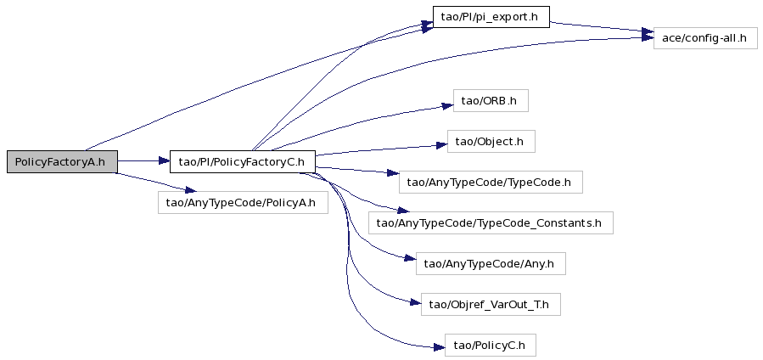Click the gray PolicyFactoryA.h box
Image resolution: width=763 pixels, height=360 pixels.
tap(62, 161)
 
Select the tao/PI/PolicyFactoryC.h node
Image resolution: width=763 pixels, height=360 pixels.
tap(242, 161)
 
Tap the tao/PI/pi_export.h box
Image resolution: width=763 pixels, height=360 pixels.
tap(491, 17)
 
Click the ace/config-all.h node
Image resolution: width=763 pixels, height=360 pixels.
tap(705, 37)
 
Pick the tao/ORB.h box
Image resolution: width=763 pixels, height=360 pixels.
tap(491, 101)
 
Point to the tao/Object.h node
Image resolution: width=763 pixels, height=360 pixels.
tap(491, 141)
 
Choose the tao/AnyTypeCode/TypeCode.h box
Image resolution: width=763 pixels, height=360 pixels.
tap(491, 182)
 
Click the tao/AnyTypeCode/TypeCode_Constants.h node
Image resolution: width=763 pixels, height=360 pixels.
tap(491, 222)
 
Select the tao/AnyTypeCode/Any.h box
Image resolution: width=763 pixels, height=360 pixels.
tap(491, 263)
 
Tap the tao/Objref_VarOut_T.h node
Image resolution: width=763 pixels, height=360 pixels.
tap(491, 304)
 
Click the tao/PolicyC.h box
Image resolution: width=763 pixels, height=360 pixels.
tap(491, 345)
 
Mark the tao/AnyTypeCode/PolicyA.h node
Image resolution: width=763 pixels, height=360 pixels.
tap(243, 202)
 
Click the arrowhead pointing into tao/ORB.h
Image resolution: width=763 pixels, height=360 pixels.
tap(447, 105)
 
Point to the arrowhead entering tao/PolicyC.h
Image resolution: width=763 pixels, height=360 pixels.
tap(439, 347)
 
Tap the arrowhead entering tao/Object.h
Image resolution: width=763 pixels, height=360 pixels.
tap(441, 145)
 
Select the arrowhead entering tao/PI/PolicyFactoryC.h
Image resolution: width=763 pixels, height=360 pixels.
tap(163, 160)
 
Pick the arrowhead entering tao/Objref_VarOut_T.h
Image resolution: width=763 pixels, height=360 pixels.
tap(415, 302)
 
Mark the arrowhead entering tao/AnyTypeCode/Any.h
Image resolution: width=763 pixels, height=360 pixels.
tap(411, 258)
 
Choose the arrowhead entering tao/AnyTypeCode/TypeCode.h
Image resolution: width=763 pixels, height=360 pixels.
tap(393, 173)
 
